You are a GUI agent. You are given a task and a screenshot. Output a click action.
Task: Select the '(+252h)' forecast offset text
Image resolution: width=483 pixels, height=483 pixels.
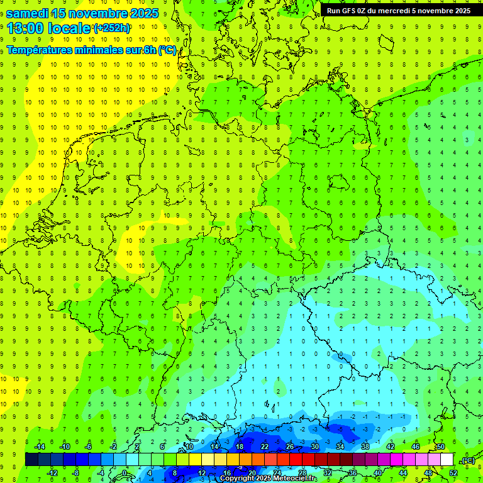click(112, 28)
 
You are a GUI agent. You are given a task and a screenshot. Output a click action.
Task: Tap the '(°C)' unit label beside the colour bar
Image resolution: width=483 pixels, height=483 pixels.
click(468, 460)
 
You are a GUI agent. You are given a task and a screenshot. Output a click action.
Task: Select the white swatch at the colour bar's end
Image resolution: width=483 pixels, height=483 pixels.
click(447, 460)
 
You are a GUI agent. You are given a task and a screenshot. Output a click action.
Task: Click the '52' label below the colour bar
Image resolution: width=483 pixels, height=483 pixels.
click(453, 473)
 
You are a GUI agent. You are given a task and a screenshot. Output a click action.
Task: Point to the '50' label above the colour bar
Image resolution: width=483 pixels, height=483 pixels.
click(441, 447)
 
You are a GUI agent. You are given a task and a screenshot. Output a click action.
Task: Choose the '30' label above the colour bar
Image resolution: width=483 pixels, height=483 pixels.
click(315, 447)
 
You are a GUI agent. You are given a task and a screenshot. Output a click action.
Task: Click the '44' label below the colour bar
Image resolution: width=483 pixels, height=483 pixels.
click(403, 473)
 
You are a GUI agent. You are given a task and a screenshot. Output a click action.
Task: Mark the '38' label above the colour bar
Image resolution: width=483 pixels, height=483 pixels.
click(365, 447)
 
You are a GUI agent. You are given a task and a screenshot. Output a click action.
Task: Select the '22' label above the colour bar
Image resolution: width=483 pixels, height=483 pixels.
click(265, 447)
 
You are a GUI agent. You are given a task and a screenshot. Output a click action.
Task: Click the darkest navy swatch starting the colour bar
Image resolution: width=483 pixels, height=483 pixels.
click(31, 460)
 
